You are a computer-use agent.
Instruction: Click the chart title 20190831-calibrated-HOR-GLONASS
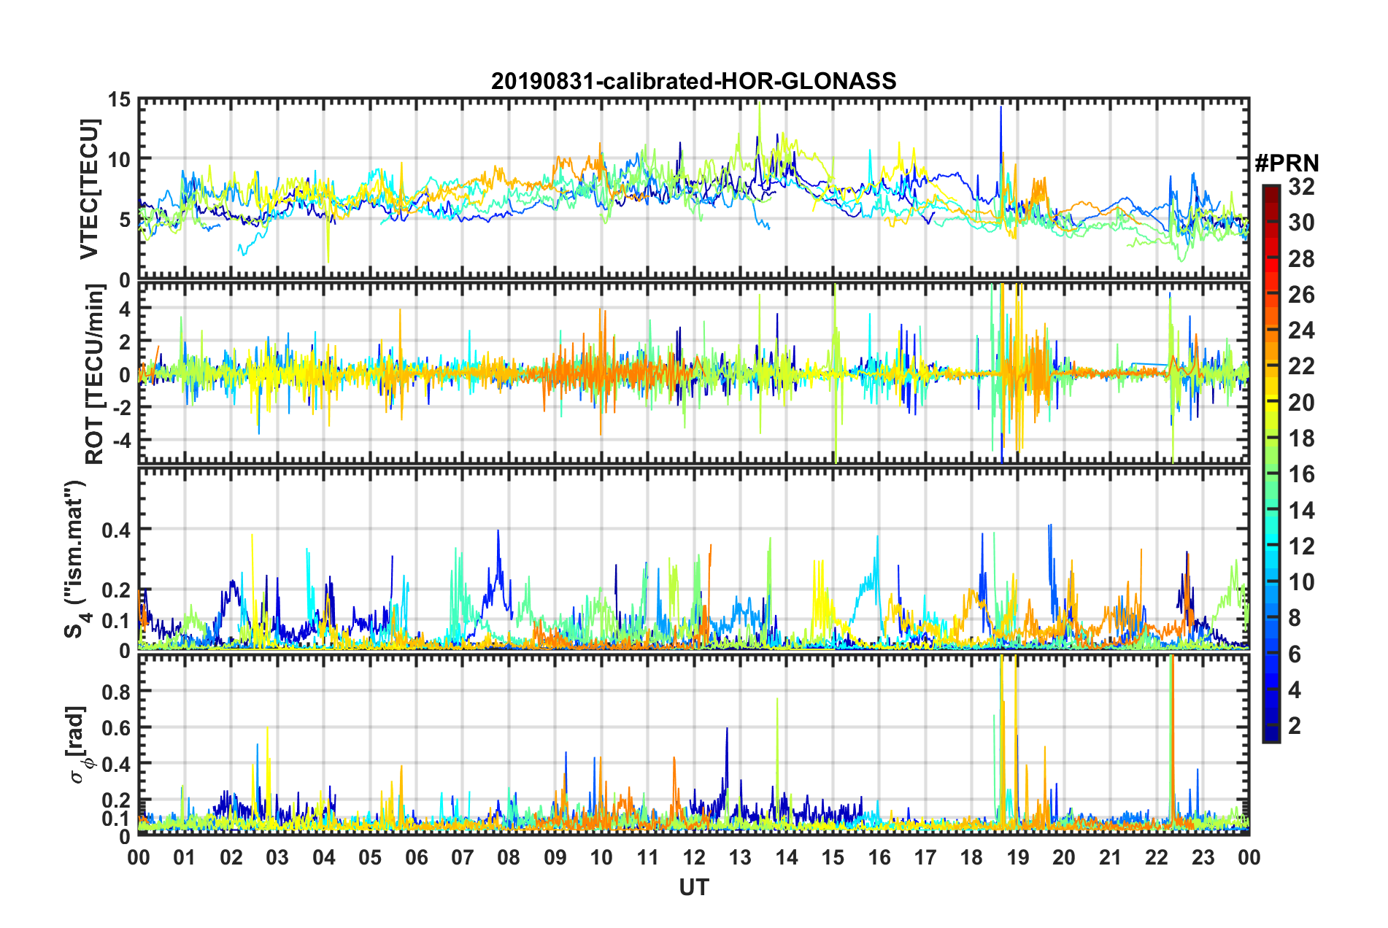pos(693,80)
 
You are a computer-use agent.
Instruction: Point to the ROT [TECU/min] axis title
pos(95,374)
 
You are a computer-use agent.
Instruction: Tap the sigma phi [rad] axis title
pos(79,745)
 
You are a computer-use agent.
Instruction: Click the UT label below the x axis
pos(693,887)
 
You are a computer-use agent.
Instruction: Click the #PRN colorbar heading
pos(1287,163)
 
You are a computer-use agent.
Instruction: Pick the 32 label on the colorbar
pos(1301,187)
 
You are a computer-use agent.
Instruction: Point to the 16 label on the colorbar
pos(1301,474)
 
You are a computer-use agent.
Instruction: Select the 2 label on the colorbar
pos(1295,725)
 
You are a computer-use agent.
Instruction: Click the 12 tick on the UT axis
pos(694,857)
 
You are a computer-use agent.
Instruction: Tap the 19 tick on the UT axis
pos(1018,857)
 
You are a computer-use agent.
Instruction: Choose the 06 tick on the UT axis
pos(417,857)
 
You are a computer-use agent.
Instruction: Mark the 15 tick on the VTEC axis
pos(120,99)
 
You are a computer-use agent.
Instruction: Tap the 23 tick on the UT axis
pos(1203,857)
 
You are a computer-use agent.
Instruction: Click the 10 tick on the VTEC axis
pos(120,159)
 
